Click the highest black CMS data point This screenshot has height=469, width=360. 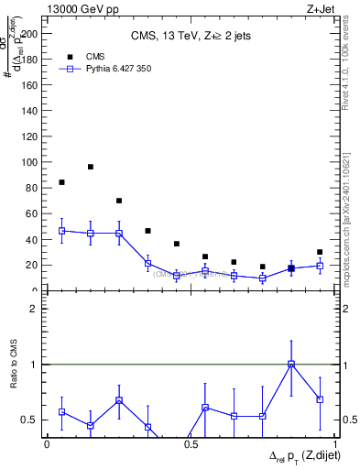coord(91,167)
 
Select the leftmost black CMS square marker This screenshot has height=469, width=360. coord(61,182)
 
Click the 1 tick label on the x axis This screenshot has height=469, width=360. coord(335,444)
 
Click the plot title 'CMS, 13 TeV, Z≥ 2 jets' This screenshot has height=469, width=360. coord(190,36)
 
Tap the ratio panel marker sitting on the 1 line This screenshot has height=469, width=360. coord(291,364)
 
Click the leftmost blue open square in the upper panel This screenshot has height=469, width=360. coord(61,231)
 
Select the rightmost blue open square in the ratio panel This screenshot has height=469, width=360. coord(320,399)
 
